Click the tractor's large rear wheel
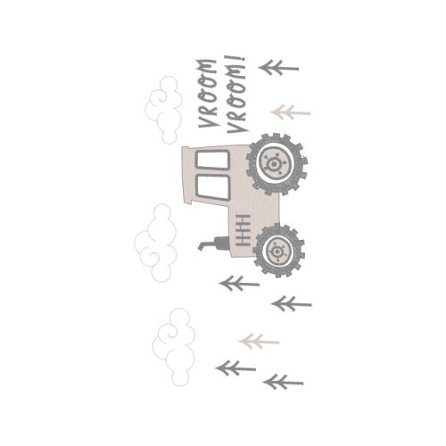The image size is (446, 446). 277,164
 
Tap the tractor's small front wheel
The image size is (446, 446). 278,251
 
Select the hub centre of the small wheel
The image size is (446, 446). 277,252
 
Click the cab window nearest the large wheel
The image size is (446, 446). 212,160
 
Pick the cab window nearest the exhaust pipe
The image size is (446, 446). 212,187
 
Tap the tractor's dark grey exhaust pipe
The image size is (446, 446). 215,244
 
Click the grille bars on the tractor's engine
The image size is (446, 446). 244,230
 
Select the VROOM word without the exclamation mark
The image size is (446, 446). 208,94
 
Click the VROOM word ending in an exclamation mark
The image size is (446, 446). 237,95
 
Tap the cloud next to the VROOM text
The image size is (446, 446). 164,110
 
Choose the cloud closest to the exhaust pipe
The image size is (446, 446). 156,243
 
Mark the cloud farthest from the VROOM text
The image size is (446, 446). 174,347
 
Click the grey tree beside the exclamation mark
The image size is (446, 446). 278,68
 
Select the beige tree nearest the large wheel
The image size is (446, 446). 290,112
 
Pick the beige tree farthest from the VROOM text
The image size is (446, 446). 259,342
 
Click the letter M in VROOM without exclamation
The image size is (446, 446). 206,66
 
